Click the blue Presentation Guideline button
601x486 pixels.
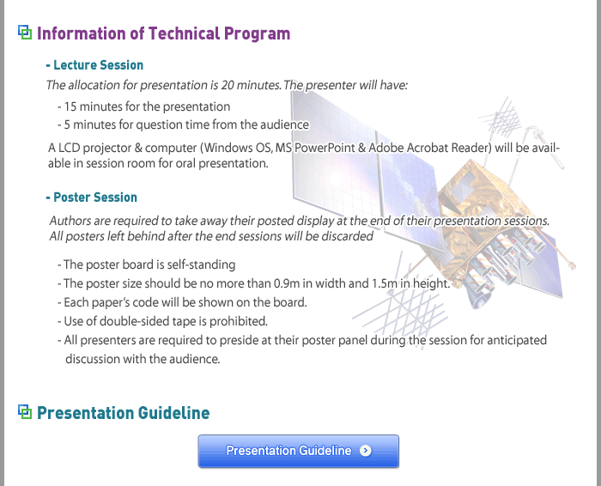tap(298, 451)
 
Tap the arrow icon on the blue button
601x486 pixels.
tap(365, 451)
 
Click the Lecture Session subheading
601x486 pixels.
tap(94, 65)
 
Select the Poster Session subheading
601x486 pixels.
tap(91, 197)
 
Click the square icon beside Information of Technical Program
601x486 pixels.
tap(25, 32)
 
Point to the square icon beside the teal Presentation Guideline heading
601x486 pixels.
tap(25, 411)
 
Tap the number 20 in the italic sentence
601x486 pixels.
tap(228, 85)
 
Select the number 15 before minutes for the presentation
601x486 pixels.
tap(70, 106)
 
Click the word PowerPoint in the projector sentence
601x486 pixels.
tap(325, 148)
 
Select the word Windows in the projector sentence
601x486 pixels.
tap(225, 148)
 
